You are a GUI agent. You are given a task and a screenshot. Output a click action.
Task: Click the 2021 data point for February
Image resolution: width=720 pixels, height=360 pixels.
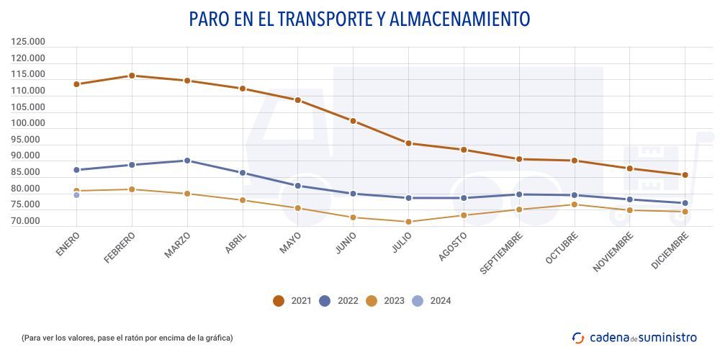pyautogui.click(x=132, y=76)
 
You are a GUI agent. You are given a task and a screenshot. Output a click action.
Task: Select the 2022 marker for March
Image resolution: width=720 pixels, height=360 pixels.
pyautogui.click(x=187, y=161)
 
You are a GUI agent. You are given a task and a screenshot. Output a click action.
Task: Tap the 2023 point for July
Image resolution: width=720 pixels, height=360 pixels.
pyautogui.click(x=408, y=222)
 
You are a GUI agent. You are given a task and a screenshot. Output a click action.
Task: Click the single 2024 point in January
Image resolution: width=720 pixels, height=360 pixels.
pyautogui.click(x=76, y=195)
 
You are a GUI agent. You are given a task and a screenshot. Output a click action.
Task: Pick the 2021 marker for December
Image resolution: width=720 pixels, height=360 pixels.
pyautogui.click(x=685, y=175)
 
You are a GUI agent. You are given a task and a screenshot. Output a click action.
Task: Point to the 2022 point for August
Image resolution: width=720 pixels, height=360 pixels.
pyautogui.click(x=464, y=198)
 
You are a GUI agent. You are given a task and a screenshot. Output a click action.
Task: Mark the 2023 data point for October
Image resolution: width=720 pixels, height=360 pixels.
pyautogui.click(x=574, y=204)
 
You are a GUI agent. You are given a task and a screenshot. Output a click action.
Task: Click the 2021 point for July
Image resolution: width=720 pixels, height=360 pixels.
pyautogui.click(x=408, y=143)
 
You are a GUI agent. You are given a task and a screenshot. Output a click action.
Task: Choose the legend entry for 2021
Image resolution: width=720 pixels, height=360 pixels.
pyautogui.click(x=292, y=301)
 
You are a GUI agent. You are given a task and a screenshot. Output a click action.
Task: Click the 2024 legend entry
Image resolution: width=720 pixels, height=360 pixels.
pyautogui.click(x=432, y=301)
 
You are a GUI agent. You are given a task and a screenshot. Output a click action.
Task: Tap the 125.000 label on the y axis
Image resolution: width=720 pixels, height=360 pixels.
pyautogui.click(x=29, y=42)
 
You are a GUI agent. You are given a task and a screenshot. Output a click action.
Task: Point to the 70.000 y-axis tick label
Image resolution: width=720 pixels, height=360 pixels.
pyautogui.click(x=29, y=221)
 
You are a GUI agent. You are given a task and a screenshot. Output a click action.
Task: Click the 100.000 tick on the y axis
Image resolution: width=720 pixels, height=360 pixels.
pyautogui.click(x=29, y=123)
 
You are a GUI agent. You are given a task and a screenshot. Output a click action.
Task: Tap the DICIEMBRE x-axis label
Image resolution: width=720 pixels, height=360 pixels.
pyautogui.click(x=670, y=250)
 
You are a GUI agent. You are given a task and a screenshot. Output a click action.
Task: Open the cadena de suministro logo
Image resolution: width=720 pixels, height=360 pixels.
pyautogui.click(x=634, y=337)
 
